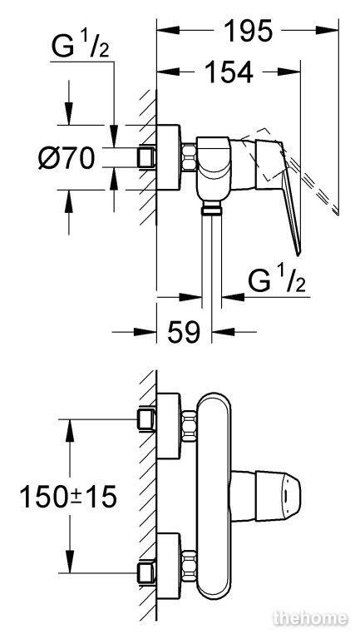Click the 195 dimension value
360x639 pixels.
click(x=248, y=30)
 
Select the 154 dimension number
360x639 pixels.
click(x=229, y=72)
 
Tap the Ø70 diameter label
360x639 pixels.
click(x=67, y=158)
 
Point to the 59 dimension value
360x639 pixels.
click(x=184, y=332)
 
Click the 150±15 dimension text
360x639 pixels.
click(x=68, y=497)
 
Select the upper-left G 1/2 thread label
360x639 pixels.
click(x=80, y=46)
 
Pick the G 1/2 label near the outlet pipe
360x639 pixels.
click(x=277, y=280)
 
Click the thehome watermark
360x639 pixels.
click(x=311, y=618)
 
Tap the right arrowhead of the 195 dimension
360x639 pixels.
click(x=327, y=30)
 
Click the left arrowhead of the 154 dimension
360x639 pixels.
click(x=168, y=72)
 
